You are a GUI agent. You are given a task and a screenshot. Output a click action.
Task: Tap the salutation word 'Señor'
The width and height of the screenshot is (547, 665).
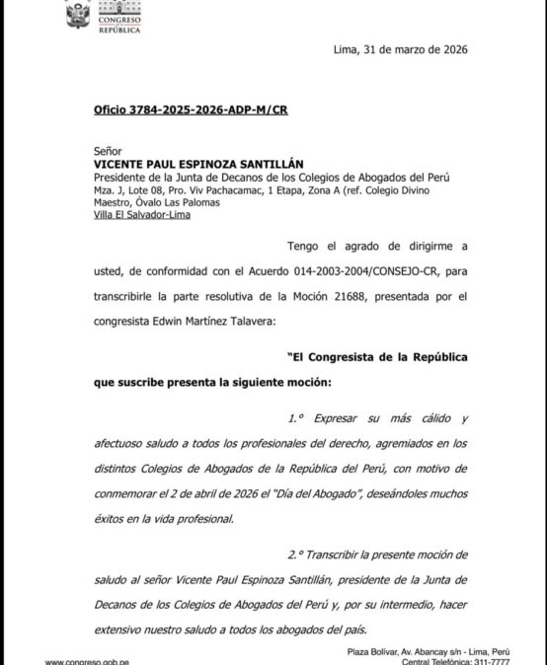[108, 152]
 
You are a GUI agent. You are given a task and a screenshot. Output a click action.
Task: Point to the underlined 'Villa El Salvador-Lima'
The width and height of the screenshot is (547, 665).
[139, 214]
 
